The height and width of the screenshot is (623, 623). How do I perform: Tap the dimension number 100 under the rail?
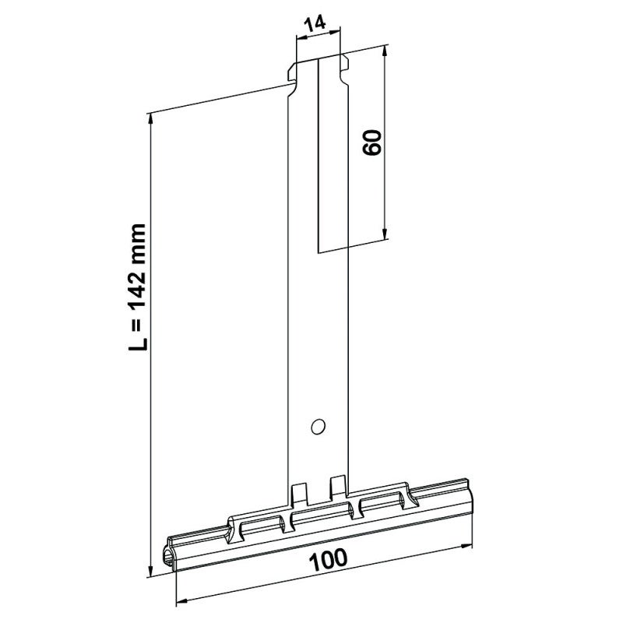[x=328, y=558]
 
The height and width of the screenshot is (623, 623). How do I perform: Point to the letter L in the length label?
[x=138, y=342]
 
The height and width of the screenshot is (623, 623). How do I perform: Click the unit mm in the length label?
[x=138, y=226]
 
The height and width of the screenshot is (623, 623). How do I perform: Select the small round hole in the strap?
[x=317, y=426]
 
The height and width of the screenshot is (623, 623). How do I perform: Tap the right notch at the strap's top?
[x=343, y=61]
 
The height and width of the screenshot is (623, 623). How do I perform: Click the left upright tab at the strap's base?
[x=297, y=493]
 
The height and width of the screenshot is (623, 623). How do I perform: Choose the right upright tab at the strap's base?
[x=337, y=484]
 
